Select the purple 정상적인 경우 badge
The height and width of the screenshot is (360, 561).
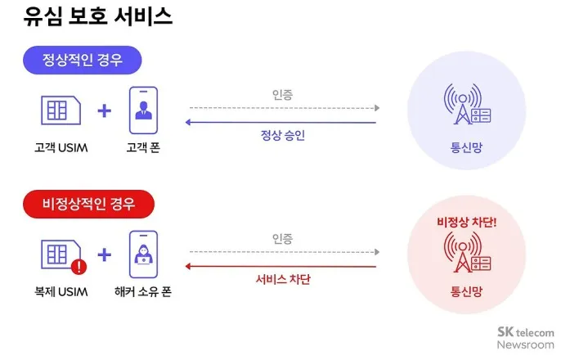click(83, 60)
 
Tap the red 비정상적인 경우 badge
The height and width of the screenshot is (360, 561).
click(89, 201)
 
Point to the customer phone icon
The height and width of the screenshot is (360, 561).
click(142, 110)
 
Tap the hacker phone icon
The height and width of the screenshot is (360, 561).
click(142, 254)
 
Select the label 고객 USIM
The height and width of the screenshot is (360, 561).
click(60, 147)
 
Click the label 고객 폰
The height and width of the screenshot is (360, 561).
click(142, 147)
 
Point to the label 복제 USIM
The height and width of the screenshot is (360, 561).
click(61, 290)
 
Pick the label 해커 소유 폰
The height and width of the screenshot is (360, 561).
click(143, 290)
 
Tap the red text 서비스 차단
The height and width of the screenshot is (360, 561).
click(283, 279)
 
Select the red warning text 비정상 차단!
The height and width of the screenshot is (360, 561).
click(467, 221)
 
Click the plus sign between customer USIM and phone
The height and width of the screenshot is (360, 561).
click(104, 110)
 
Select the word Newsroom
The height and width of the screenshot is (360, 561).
click(525, 344)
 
